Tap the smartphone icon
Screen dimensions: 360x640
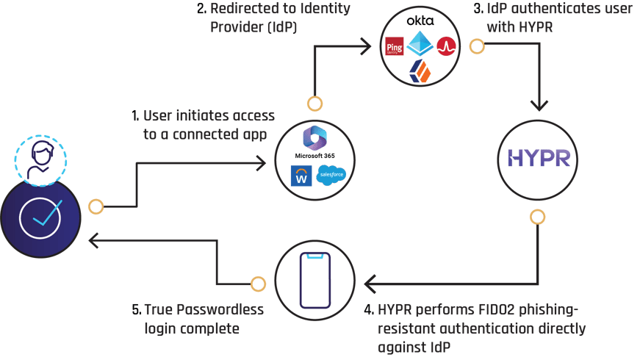(x=314, y=281)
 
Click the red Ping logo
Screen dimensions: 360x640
(x=395, y=48)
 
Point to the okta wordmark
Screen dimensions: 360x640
(x=420, y=21)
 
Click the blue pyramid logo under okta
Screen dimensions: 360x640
(x=420, y=43)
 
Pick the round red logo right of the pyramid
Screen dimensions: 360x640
(x=446, y=47)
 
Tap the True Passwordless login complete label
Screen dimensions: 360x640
(x=204, y=319)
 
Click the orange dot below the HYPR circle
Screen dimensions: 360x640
(x=538, y=217)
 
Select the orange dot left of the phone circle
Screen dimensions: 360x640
(x=258, y=284)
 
